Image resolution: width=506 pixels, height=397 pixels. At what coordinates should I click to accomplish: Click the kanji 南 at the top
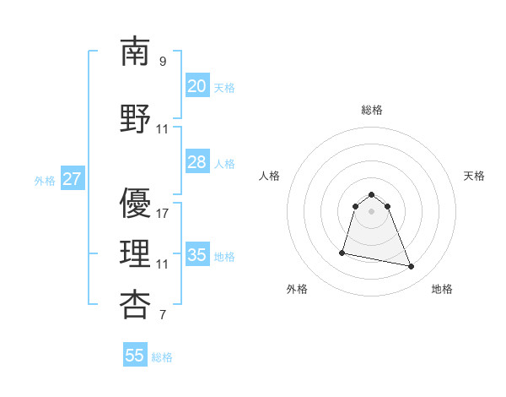coord(135,52)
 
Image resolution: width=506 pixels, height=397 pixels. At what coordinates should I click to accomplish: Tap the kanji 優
coord(135,204)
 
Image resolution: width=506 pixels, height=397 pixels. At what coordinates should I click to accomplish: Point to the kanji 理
coord(135,254)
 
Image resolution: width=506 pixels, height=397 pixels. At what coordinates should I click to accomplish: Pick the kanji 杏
coord(135,305)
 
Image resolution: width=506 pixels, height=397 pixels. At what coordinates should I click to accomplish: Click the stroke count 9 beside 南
coord(162,62)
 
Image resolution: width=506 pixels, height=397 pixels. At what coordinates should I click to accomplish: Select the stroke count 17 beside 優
coord(163,214)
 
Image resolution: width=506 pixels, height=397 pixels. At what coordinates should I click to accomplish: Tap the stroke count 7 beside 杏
coord(162,316)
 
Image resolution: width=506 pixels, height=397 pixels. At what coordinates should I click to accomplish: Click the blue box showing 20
coord(196,86)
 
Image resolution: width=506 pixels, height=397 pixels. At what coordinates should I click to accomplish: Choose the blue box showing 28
coord(196,162)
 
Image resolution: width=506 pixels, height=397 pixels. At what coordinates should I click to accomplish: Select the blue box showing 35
coord(196,255)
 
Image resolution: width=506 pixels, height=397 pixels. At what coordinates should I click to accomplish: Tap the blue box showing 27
coord(72,179)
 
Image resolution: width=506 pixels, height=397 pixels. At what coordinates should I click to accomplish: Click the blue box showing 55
coord(135,356)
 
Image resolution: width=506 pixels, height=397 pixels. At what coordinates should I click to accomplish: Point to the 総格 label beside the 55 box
coord(162,357)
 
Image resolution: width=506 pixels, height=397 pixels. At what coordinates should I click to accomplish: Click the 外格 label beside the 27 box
coord(45,180)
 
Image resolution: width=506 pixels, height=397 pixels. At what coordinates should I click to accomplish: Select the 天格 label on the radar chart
coord(474,176)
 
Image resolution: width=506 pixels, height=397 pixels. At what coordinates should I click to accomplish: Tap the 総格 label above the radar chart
coord(372,110)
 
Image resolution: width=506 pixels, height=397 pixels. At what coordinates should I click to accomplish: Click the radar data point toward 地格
coord(412,267)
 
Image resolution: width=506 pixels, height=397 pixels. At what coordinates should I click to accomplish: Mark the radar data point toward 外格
coord(342,252)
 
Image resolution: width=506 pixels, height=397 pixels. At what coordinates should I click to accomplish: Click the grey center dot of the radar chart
coord(372,210)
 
